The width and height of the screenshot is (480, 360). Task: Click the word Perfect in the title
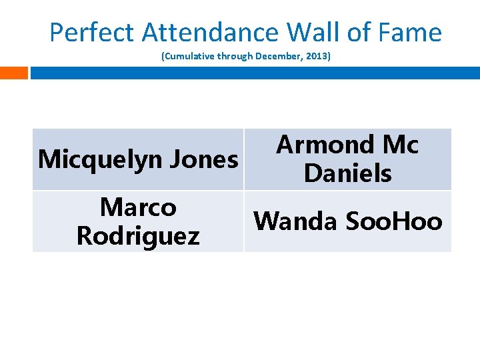93,32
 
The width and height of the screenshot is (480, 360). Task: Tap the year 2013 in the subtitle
316,57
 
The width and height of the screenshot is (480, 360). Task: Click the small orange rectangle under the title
14,73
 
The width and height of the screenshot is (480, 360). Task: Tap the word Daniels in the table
347,174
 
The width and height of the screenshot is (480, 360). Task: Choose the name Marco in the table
138,207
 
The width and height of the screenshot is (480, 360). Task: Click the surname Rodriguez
138,236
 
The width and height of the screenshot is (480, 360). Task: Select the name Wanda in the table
295,221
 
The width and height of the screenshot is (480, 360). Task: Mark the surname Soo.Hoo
394,221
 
